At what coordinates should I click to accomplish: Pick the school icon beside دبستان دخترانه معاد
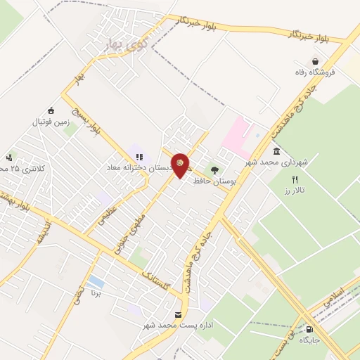pyautogui.click(x=138, y=157)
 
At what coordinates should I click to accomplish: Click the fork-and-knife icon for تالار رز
pyautogui.click(x=295, y=179)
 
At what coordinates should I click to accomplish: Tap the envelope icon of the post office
pyautogui.click(x=179, y=314)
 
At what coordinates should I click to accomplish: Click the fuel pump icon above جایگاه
pyautogui.click(x=309, y=329)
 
